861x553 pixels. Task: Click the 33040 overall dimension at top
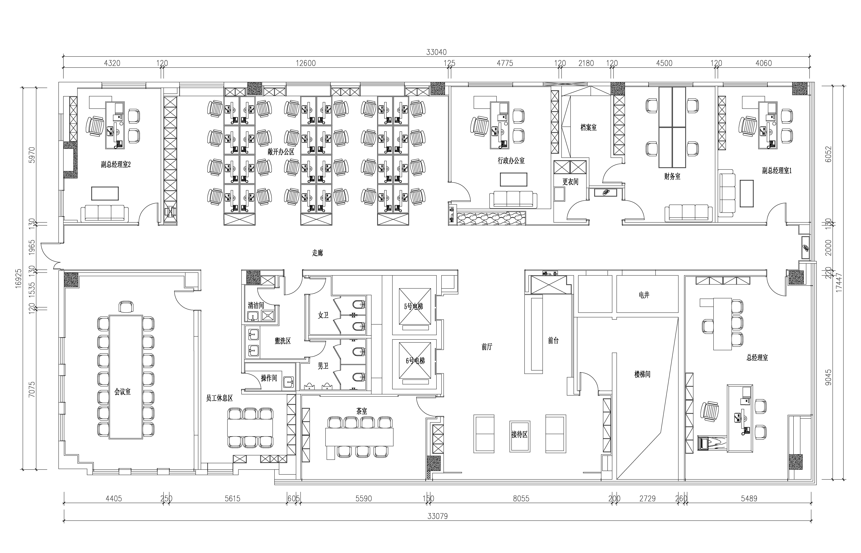click(436, 52)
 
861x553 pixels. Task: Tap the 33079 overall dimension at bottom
click(438, 516)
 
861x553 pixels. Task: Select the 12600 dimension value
click(306, 63)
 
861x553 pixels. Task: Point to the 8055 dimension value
click(521, 498)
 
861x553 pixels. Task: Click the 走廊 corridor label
click(317, 253)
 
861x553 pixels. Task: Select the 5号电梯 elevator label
click(413, 306)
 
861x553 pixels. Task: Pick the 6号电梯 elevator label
click(415, 360)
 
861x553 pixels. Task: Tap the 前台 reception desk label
click(553, 340)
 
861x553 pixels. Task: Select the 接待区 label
click(519, 435)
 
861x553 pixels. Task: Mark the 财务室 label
click(672, 176)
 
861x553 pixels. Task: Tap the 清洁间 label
click(256, 306)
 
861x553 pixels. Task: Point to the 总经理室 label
click(757, 358)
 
